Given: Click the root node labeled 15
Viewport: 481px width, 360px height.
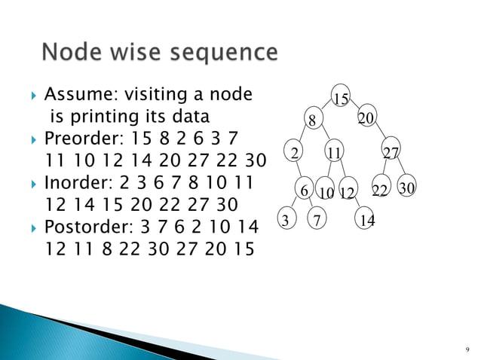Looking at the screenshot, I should click(x=341, y=99).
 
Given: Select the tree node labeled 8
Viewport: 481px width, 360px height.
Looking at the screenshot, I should click(x=311, y=119).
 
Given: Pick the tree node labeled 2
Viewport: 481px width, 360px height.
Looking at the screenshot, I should click(x=294, y=153).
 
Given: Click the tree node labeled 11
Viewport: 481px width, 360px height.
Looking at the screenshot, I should click(x=333, y=153).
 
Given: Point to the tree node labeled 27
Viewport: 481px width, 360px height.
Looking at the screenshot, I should click(x=391, y=153).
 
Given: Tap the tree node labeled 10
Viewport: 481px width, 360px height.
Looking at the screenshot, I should click(x=326, y=193).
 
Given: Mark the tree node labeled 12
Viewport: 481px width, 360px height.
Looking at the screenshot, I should click(x=347, y=193).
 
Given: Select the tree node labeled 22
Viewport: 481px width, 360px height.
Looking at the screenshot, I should click(x=381, y=191).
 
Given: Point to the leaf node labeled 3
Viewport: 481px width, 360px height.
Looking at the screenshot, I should click(x=285, y=219).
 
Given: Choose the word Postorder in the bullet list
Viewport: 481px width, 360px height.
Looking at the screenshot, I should click(x=84, y=227).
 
